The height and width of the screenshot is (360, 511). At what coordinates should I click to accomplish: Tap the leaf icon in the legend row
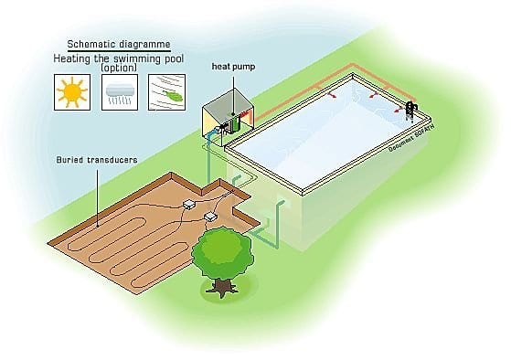[x=166, y=92]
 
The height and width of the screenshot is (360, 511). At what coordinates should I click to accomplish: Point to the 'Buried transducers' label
[x=98, y=161]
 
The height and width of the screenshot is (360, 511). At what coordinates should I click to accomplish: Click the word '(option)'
[x=119, y=69]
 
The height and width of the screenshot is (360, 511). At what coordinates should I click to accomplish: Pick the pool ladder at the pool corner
[x=411, y=110]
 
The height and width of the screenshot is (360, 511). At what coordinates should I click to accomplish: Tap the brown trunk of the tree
[x=221, y=285]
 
